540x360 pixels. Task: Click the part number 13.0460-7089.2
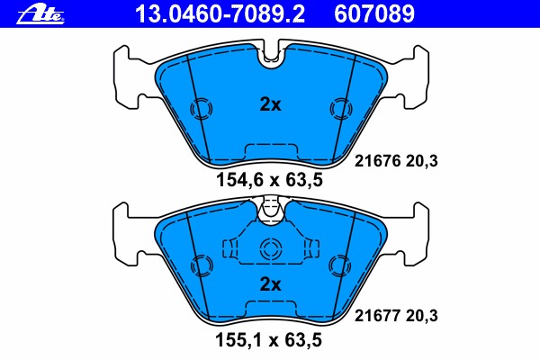click(x=206, y=12)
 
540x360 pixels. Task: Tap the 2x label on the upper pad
click(x=270, y=104)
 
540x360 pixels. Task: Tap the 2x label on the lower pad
click(x=270, y=284)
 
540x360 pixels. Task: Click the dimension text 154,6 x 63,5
click(x=269, y=180)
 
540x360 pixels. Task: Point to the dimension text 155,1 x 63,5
click(x=269, y=341)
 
